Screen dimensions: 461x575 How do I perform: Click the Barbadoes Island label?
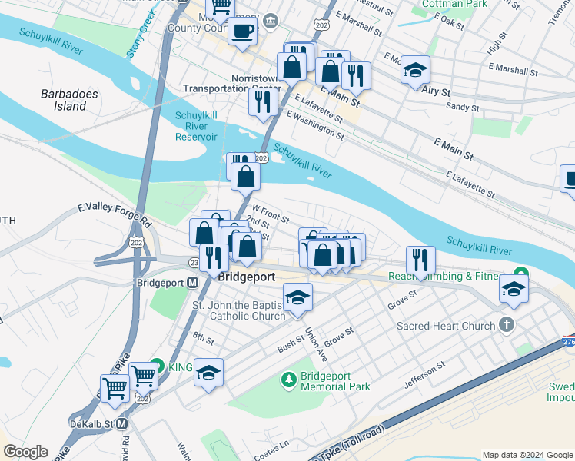click(64, 100)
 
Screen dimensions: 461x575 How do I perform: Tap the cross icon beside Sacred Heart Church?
click(506, 325)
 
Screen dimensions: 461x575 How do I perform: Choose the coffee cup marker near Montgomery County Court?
click(243, 32)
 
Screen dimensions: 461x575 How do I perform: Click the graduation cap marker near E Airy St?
click(415, 70)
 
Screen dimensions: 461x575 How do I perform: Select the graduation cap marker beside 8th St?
click(208, 373)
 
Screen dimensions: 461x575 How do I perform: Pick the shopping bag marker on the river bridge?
click(245, 177)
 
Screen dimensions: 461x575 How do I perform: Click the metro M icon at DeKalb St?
click(121, 423)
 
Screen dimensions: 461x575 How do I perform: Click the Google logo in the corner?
click(25, 452)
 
